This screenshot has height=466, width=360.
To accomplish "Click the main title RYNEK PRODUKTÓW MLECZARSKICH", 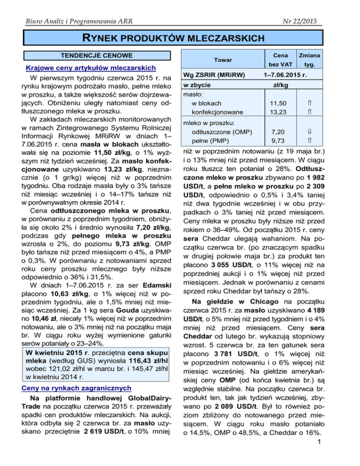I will [x=180, y=38].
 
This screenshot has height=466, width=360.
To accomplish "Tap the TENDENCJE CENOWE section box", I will [x=92, y=55].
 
